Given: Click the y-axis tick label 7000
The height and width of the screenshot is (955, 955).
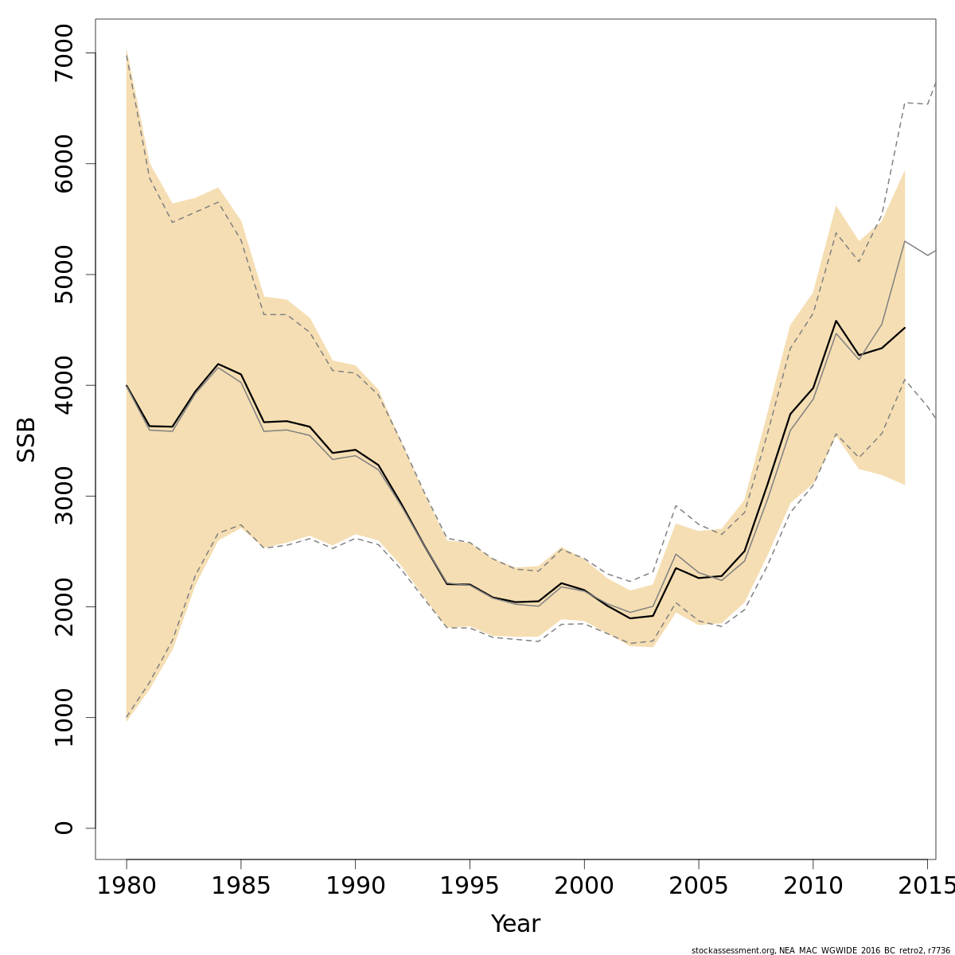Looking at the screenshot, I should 64,53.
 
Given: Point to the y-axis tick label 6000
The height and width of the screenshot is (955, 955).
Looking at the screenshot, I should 64,164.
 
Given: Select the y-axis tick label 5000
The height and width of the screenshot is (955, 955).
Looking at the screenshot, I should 64,275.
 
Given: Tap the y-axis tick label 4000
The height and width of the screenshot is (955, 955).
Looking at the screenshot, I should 64,385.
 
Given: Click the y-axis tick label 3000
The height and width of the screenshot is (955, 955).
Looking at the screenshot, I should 64,496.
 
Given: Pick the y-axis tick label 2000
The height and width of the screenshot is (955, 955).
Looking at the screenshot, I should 64,606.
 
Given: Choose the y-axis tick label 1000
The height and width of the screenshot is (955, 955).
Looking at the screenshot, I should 64,717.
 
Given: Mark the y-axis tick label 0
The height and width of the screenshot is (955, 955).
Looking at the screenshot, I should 64,828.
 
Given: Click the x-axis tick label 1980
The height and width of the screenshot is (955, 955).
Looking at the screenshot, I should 127,886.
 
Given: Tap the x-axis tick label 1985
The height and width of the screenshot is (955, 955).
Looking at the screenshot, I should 241,886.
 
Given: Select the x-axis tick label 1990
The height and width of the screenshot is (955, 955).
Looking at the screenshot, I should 355,886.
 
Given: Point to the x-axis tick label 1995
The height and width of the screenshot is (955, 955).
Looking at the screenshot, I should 470,886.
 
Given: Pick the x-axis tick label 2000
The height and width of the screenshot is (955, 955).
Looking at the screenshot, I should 584,886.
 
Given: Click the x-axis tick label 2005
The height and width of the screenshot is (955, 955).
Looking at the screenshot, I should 698,886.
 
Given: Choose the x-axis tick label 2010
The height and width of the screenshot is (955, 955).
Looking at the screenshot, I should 813,886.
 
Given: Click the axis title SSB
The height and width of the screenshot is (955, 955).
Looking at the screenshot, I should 26,439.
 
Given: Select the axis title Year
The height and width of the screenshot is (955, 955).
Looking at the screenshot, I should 515,924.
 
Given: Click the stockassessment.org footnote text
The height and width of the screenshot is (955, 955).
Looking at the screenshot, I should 821,950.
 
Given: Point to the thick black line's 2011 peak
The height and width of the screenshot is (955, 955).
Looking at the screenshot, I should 836,321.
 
